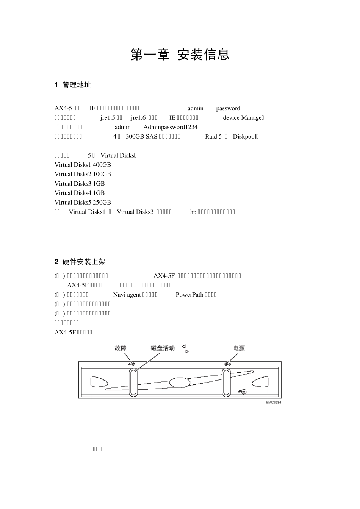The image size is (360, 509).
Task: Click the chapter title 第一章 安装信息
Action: tap(180, 55)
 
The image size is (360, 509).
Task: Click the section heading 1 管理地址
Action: tap(73, 85)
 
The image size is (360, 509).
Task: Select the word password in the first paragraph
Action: tap(228, 108)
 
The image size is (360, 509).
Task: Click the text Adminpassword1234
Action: tap(171, 127)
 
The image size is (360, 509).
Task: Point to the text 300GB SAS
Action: tap(141, 137)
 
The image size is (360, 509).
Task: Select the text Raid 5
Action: tap(213, 137)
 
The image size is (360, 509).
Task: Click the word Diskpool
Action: tap(245, 137)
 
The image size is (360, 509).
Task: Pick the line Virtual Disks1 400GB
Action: tap(83, 165)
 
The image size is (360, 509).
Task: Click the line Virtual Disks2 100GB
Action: tap(83, 174)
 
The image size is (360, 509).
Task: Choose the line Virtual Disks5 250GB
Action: tap(83, 203)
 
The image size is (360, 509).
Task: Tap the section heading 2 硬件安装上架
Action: tap(80, 262)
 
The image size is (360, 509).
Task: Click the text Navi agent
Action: tap(127, 295)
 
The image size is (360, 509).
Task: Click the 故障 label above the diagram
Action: tap(121, 348)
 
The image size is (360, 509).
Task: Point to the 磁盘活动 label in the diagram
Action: tap(163, 348)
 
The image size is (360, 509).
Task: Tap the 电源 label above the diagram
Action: tap(239, 348)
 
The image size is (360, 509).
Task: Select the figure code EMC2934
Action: tap(273, 402)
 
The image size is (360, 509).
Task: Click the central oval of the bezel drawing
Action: tap(180, 382)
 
